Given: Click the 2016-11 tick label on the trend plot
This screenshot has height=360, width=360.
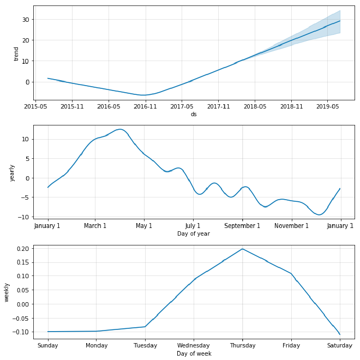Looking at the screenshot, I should tap(145, 106).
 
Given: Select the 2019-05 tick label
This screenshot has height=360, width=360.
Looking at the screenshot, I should tap(327, 106).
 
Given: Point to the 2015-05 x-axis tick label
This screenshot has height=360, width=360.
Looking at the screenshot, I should tap(35, 106).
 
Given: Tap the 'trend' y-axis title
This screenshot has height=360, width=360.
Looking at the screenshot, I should tap(16, 53).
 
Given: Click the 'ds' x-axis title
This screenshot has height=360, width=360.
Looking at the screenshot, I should tap(194, 114).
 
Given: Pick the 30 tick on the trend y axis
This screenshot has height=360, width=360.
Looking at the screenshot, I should tap(25, 20).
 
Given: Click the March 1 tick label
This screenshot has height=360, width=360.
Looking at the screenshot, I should tap(95, 226).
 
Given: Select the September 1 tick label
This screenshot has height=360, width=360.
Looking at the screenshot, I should tap(242, 226).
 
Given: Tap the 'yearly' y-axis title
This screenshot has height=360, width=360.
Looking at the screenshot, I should tap(12, 172).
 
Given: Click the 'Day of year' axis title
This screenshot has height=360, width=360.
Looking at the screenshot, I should tap(194, 233).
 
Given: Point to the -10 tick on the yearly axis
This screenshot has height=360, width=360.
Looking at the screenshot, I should tap(23, 217).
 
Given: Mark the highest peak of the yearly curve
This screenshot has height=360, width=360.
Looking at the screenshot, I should tap(120, 129).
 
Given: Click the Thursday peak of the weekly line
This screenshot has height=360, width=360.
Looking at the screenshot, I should tap(242, 249).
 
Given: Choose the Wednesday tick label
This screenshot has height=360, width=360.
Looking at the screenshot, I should tap(194, 345).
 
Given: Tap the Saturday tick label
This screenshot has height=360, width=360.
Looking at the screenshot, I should tap(340, 345).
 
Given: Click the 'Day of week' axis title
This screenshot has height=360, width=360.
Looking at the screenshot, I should tap(194, 353).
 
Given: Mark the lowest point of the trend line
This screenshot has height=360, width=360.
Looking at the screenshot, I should tap(143, 95).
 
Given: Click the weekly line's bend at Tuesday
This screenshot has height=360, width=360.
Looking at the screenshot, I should tap(145, 326).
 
